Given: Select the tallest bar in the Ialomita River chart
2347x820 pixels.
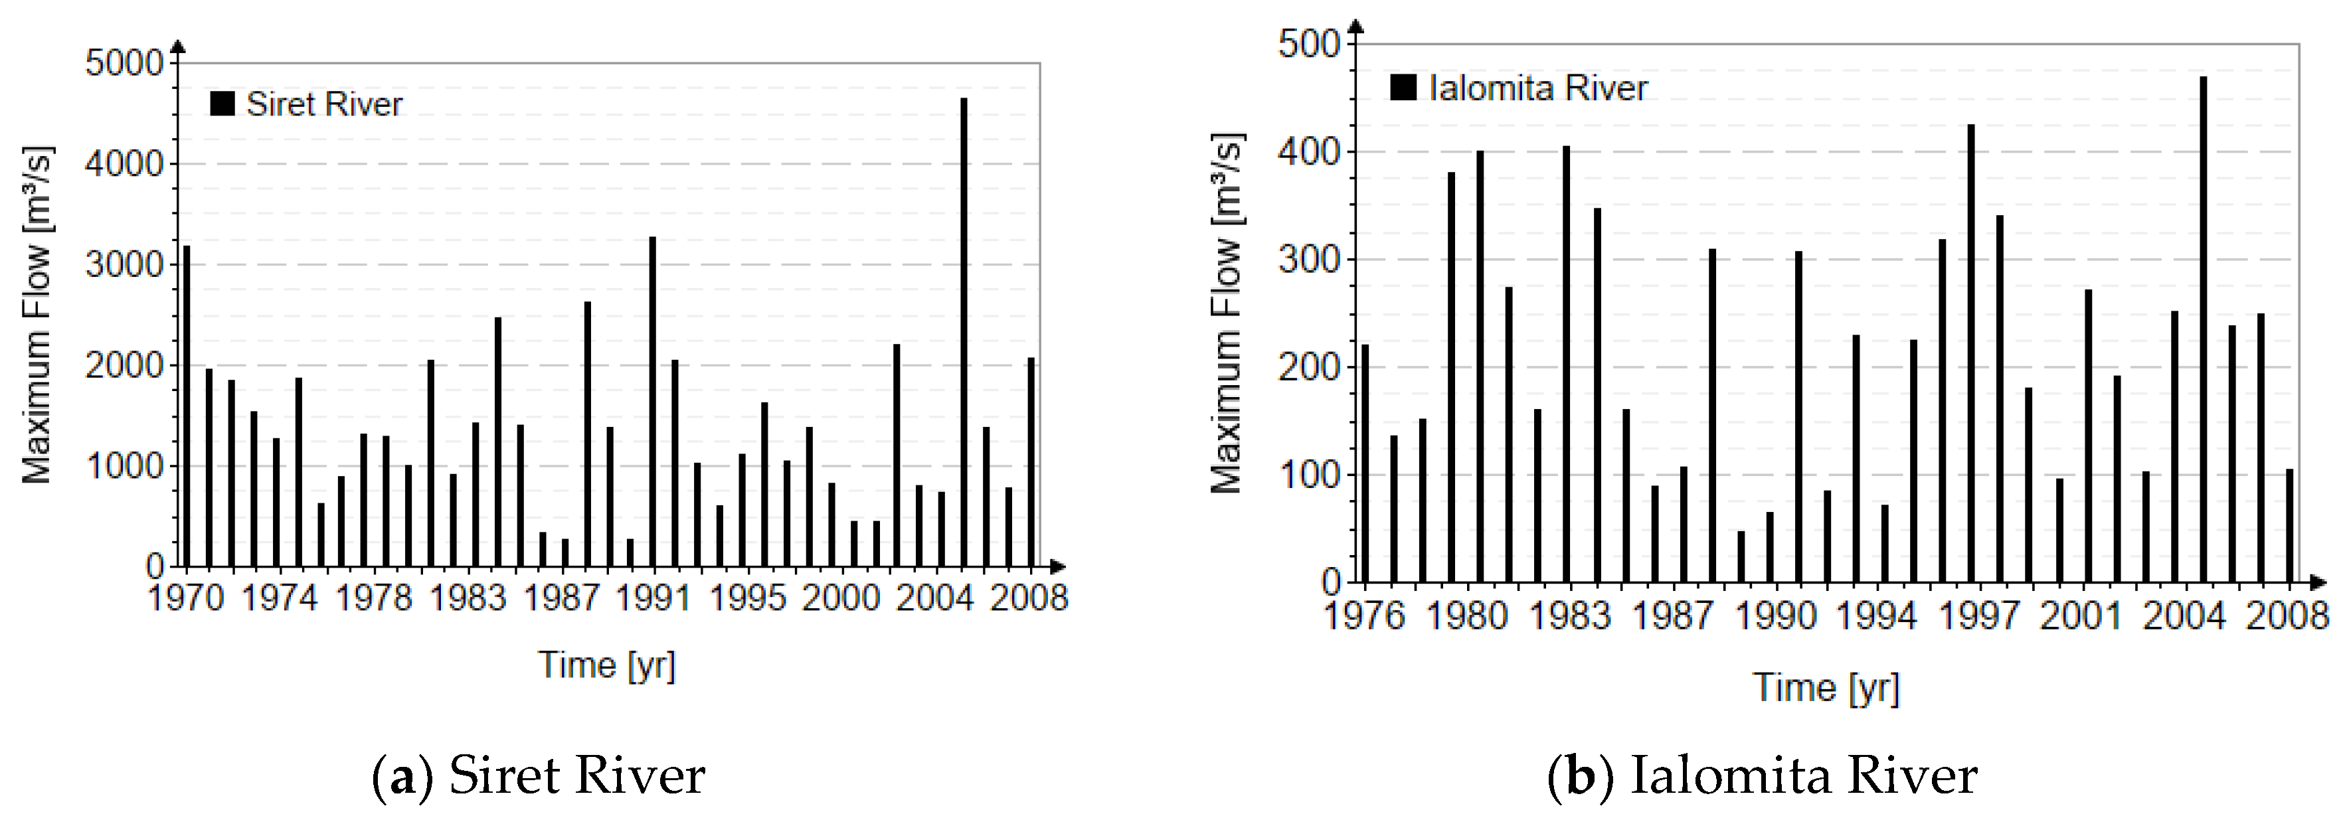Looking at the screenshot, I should [x=2203, y=329].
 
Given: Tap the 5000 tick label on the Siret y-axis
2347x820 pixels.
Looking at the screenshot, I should [x=123, y=63].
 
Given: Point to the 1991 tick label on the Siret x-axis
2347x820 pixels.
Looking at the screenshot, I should [x=653, y=599].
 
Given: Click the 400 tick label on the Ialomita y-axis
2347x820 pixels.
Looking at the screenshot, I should [x=1309, y=151].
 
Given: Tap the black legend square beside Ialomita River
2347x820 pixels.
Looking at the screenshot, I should [x=1403, y=88].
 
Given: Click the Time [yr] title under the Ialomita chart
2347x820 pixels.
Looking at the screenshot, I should [x=1826, y=687].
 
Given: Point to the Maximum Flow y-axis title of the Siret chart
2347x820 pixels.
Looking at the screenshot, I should [x=37, y=314].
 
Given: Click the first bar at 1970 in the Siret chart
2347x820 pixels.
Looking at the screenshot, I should [x=187, y=406].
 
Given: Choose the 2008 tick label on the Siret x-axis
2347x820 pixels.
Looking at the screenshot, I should [x=1029, y=599].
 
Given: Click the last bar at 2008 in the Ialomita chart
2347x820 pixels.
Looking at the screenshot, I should [x=2290, y=526].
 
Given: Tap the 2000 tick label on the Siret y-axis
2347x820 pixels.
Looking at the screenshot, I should [x=123, y=365].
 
